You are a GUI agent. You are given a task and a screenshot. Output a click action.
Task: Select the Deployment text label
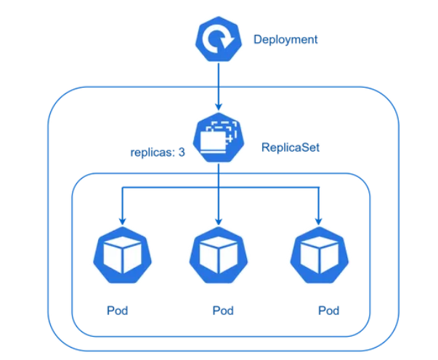pyautogui.click(x=285, y=40)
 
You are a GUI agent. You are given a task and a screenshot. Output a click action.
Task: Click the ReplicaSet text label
pyautogui.click(x=291, y=147)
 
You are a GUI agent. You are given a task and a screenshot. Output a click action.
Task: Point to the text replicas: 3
pyautogui.click(x=158, y=153)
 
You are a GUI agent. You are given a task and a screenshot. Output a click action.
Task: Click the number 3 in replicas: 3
pyautogui.click(x=182, y=153)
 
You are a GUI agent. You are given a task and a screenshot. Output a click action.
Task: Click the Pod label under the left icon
pyautogui.click(x=118, y=311)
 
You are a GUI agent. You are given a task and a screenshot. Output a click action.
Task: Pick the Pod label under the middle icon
pyautogui.click(x=223, y=311)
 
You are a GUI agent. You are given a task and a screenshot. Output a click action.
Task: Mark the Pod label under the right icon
pyautogui.click(x=328, y=311)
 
